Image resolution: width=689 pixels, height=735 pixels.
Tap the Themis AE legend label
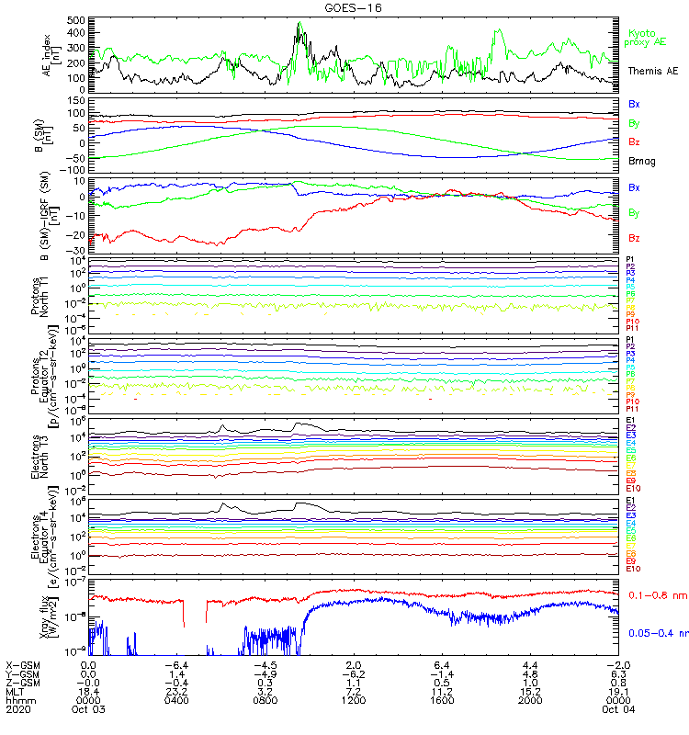click(x=651, y=71)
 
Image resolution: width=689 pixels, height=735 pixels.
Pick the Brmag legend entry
click(x=640, y=161)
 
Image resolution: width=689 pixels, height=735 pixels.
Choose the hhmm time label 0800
click(x=265, y=708)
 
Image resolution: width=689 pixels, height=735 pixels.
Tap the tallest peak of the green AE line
click(x=300, y=23)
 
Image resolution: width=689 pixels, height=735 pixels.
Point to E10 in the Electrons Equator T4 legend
click(x=633, y=569)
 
